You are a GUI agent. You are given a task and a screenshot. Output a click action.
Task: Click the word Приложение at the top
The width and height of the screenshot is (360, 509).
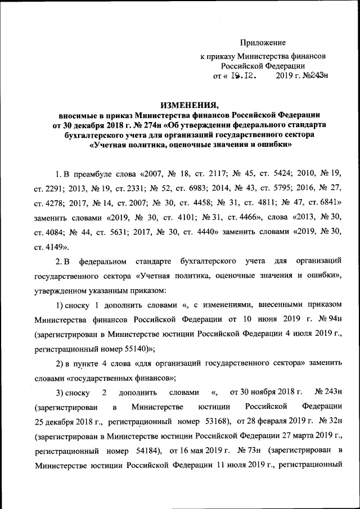coord(263,43)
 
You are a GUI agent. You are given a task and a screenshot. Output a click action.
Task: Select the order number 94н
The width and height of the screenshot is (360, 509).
coord(330,319)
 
